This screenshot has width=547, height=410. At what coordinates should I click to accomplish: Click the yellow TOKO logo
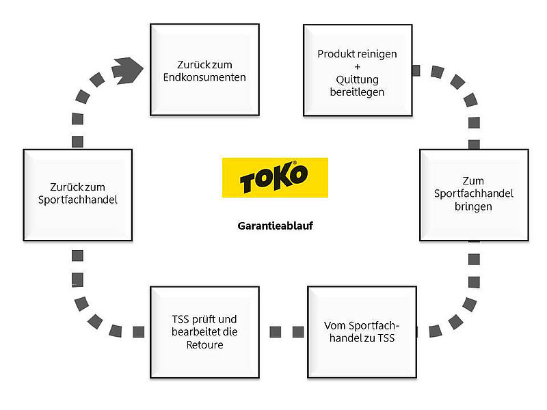point(275,178)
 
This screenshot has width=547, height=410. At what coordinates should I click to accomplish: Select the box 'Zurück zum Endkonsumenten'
point(204,70)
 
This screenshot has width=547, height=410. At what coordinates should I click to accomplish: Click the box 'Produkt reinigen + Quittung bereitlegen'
point(357,71)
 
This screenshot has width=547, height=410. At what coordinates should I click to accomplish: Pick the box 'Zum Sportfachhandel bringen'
point(473,195)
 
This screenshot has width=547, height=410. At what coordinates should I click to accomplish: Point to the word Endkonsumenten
point(204,77)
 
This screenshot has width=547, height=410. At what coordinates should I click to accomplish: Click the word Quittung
point(358,79)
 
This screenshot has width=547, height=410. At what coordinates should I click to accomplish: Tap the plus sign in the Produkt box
point(358,66)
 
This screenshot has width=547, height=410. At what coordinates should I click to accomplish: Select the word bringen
point(473,206)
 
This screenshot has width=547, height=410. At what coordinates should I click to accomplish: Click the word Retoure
point(204,344)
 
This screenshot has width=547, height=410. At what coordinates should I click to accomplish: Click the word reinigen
point(376,53)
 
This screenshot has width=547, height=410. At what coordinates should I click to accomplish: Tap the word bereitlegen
point(358,92)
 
